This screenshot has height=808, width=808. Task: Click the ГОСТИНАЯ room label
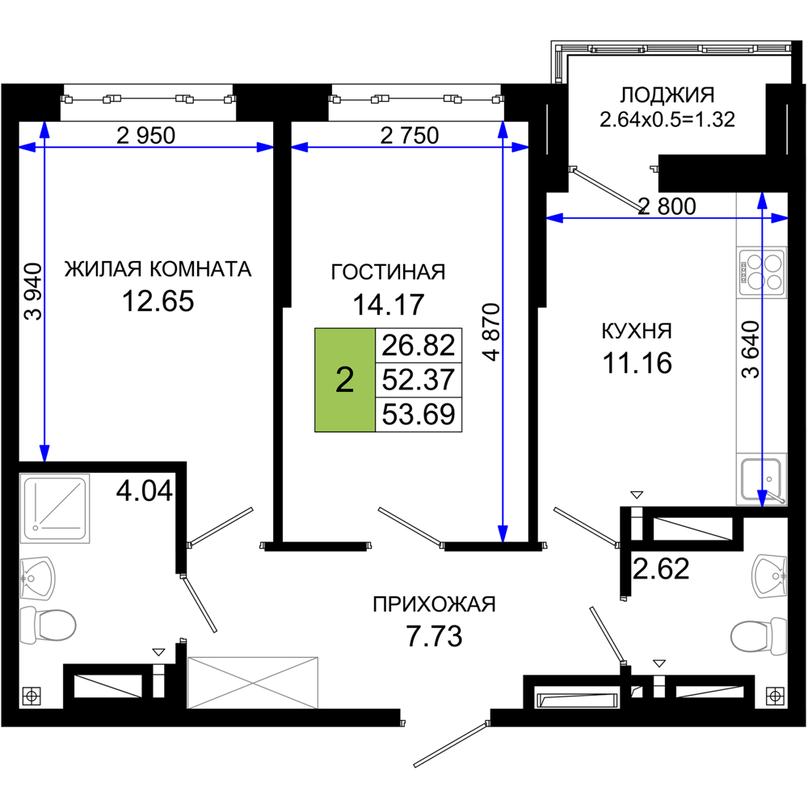point(388,272)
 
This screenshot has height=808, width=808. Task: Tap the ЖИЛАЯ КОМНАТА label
point(158,269)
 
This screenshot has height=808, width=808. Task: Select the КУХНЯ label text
point(637,331)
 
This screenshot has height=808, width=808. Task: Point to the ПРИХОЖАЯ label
point(434,604)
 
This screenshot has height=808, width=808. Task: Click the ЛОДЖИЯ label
point(667,95)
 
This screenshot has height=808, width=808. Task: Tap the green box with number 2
point(345,380)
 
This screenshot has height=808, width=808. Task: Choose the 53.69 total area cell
point(419,415)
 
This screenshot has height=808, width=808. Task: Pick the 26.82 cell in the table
point(419,345)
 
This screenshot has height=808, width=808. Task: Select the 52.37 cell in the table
point(419,380)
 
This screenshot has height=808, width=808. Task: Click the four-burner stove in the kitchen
point(762,272)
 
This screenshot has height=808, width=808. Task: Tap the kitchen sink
point(762,480)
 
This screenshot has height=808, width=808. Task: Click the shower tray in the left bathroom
point(55,508)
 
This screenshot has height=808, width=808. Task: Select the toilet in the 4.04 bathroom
point(48,625)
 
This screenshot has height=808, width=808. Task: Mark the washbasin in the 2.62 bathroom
point(769,576)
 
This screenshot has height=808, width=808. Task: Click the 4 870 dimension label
point(493,332)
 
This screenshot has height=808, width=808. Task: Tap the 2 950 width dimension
point(145,136)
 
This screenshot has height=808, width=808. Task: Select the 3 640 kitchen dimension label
point(751,349)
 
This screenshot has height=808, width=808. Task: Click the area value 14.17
point(388,304)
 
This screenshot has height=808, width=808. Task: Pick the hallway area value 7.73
point(434,636)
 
